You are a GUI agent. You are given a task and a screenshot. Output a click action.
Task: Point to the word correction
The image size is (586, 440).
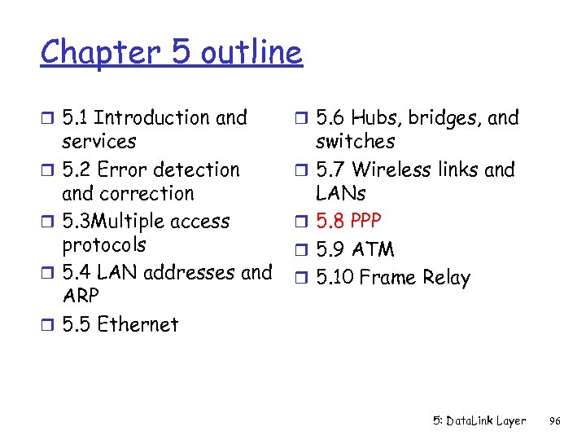click(147, 194)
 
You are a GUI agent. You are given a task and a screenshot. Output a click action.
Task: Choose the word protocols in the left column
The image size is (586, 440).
click(104, 245)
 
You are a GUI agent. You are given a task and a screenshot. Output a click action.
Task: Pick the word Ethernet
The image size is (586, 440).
click(137, 324)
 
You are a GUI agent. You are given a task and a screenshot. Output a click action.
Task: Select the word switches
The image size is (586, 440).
click(355, 142)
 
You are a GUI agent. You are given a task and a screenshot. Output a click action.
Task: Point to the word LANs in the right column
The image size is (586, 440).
click(340, 194)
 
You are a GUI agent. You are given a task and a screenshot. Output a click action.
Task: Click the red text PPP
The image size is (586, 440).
click(365, 221)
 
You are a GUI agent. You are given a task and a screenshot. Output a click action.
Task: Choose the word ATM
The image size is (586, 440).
click(372, 249)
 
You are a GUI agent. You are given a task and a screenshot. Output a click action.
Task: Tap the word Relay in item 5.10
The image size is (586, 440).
click(447, 278)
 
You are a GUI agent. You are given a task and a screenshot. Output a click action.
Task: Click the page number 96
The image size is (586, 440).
click(556, 421)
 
